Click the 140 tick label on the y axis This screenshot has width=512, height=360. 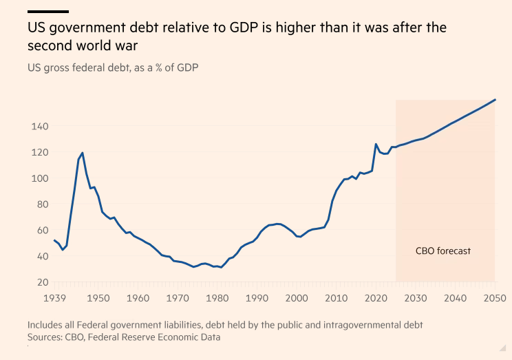[x=40, y=126]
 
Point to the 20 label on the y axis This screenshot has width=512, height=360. [x=43, y=282]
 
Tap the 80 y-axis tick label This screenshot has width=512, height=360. [x=43, y=204]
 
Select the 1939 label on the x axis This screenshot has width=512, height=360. [x=54, y=298]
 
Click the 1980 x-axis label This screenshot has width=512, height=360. [x=217, y=298]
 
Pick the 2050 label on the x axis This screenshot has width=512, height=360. [x=495, y=298]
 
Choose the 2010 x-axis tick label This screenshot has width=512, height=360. [x=336, y=298]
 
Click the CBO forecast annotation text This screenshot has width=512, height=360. [x=443, y=251]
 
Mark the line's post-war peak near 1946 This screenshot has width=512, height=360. [x=83, y=153]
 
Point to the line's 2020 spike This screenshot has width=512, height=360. [x=376, y=144]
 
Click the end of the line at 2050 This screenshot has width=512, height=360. [x=495, y=100]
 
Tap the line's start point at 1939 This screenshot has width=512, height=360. [x=54, y=240]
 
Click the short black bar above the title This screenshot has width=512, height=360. [x=48, y=12]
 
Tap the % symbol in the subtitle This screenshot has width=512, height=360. [x=159, y=67]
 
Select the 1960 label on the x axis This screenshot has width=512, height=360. [x=138, y=298]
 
